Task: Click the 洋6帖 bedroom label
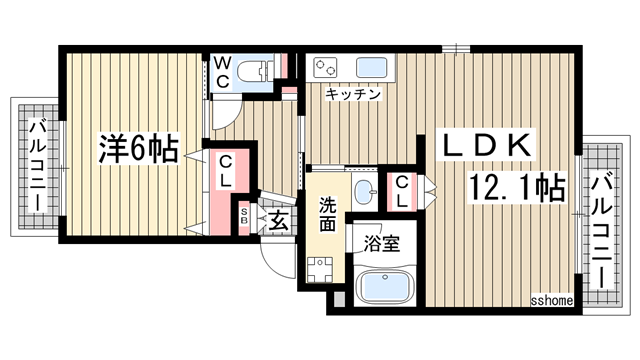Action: (x=137, y=150)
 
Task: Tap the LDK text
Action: (x=488, y=146)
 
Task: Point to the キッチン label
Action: (x=352, y=95)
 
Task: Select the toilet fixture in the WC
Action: (x=256, y=71)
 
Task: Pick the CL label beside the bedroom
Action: (x=226, y=173)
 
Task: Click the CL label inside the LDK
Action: (x=400, y=191)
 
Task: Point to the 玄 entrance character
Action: (x=277, y=221)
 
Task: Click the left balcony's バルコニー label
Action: (x=37, y=164)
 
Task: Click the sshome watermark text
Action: (x=550, y=300)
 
